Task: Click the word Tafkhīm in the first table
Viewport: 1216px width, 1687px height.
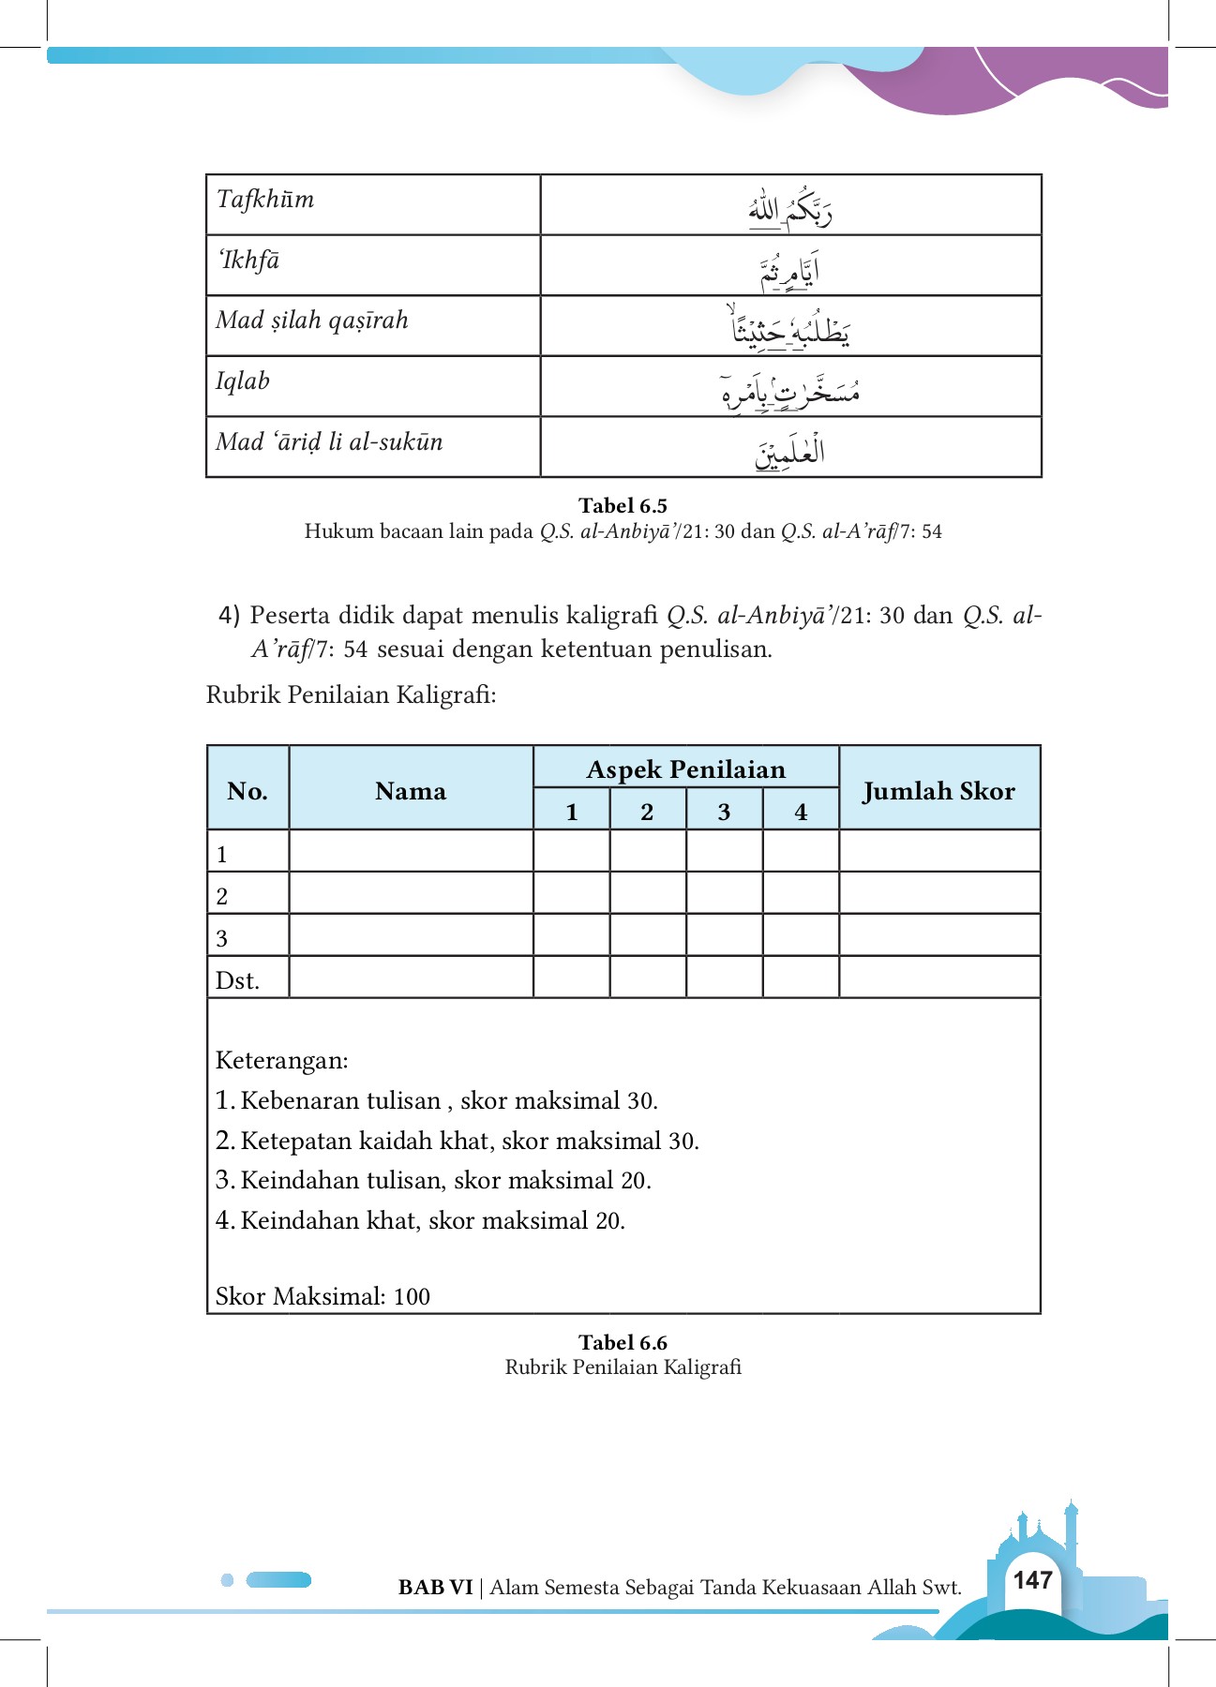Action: pyautogui.click(x=265, y=200)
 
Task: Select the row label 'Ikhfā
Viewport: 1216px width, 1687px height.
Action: pyautogui.click(x=248, y=261)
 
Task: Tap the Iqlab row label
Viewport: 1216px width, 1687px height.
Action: pyautogui.click(x=243, y=381)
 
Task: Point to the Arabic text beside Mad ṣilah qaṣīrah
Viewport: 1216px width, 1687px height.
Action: pyautogui.click(x=790, y=328)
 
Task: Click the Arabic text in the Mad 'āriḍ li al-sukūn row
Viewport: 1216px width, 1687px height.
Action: pyautogui.click(x=790, y=452)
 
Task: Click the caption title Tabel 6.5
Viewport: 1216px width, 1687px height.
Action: pyautogui.click(x=623, y=506)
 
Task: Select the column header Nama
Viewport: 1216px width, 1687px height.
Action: pyautogui.click(x=411, y=791)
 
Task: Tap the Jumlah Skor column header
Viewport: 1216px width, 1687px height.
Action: pyautogui.click(x=938, y=791)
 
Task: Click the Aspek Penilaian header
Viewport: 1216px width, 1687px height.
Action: pyautogui.click(x=685, y=769)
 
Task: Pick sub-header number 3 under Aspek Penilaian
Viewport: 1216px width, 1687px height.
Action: pyautogui.click(x=724, y=812)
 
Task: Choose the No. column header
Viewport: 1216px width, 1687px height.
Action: pyautogui.click(x=248, y=791)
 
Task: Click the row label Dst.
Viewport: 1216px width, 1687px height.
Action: pyautogui.click(x=237, y=980)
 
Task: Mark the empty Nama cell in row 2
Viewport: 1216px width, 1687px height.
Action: pyautogui.click(x=411, y=894)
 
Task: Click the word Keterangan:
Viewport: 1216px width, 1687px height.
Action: pyautogui.click(x=281, y=1060)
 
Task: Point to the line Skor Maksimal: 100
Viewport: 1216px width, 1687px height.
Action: pyautogui.click(x=323, y=1296)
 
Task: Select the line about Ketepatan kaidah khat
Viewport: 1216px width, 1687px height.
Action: pyautogui.click(x=458, y=1141)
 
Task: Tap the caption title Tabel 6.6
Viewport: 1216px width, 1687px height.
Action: pyautogui.click(x=623, y=1342)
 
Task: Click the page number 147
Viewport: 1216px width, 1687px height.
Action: pyautogui.click(x=1032, y=1580)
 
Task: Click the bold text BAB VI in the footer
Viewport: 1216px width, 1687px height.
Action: pyautogui.click(x=435, y=1587)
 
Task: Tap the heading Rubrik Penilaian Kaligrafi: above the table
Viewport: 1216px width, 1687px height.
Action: pyautogui.click(x=351, y=694)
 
